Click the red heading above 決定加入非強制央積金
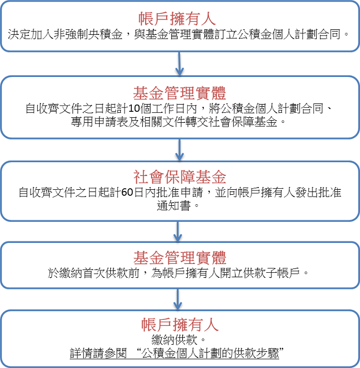[x=177, y=19]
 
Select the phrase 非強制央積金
[x=88, y=34]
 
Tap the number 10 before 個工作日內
[x=134, y=108]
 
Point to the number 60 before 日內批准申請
[x=127, y=192]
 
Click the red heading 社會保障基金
[x=179, y=177]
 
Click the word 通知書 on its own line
[x=174, y=206]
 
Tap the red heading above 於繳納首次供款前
[x=179, y=258]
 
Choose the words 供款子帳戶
[x=272, y=273]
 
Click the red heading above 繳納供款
[x=180, y=325]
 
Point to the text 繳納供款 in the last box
[x=174, y=340]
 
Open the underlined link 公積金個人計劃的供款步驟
[x=210, y=354]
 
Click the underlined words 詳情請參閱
[x=99, y=354]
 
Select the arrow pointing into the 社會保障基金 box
[x=179, y=150]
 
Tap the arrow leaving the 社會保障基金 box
[x=178, y=232]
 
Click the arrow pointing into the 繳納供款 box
[x=178, y=299]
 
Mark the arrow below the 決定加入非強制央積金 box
[x=179, y=64]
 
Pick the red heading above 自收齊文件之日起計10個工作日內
[x=179, y=93]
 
